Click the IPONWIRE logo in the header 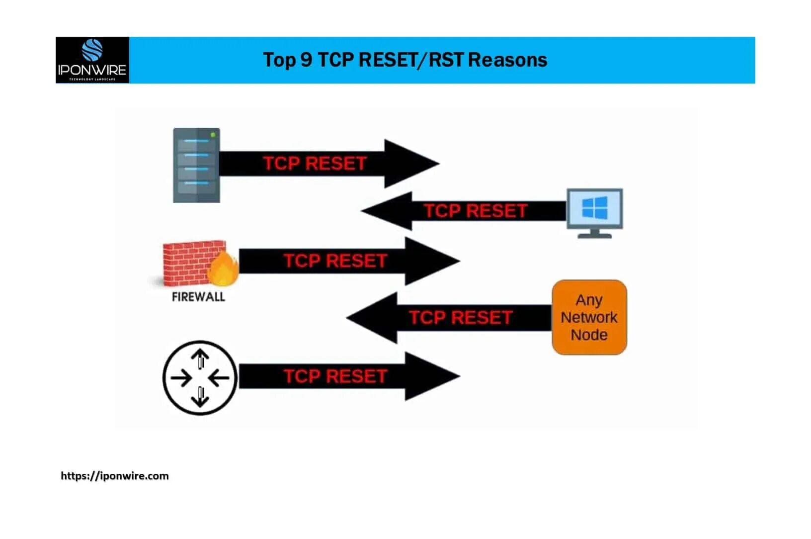(x=92, y=60)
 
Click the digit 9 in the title (x=306, y=60)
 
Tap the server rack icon (x=196, y=165)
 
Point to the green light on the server (x=213, y=135)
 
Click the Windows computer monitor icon (x=595, y=213)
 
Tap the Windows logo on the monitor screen (x=595, y=208)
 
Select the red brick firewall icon (x=191, y=264)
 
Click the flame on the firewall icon (x=223, y=269)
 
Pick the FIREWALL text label (x=198, y=297)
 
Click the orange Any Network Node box (x=589, y=317)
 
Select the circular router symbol (x=200, y=378)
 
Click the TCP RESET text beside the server (x=315, y=164)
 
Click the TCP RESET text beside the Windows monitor (x=475, y=211)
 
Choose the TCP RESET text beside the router (x=335, y=376)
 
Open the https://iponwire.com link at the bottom (x=115, y=476)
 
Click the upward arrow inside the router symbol (x=200, y=358)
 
